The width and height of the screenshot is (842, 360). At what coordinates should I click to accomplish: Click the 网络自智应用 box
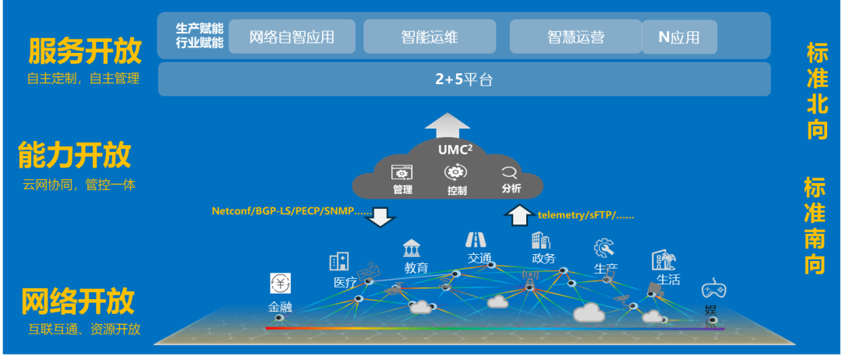pyautogui.click(x=292, y=37)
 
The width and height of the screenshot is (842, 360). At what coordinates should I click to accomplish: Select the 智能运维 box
pyautogui.click(x=430, y=37)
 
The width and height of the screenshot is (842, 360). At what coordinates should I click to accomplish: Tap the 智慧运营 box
pyautogui.click(x=575, y=37)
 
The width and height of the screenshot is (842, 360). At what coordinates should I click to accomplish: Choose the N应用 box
pyautogui.click(x=678, y=37)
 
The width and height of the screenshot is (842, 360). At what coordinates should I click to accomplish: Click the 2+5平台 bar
pyautogui.click(x=464, y=79)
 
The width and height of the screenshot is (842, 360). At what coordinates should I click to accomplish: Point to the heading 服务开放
pyautogui.click(x=85, y=51)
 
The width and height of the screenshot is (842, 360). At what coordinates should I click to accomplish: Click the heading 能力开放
pyautogui.click(x=75, y=156)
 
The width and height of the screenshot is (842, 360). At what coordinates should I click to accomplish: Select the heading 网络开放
pyautogui.click(x=77, y=301)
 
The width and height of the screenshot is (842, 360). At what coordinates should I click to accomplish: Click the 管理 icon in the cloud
pyautogui.click(x=402, y=173)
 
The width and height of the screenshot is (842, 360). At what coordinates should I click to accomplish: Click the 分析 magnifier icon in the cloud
pyautogui.click(x=510, y=173)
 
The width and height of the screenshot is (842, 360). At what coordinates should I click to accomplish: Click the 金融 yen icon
pyautogui.click(x=281, y=284)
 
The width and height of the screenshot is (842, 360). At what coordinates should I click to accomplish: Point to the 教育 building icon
pyautogui.click(x=412, y=249)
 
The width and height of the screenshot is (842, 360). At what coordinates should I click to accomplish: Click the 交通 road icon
pyautogui.click(x=476, y=239)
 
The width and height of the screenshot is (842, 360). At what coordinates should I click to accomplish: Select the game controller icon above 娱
pyautogui.click(x=713, y=290)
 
